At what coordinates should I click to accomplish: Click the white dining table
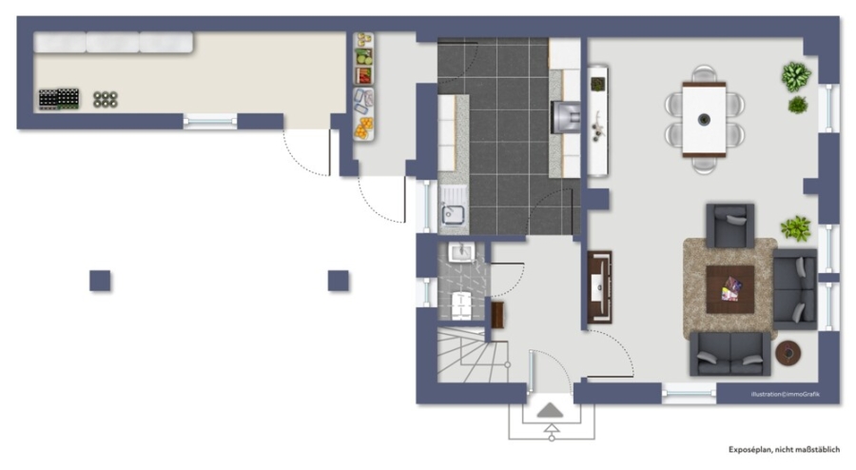click(704, 119)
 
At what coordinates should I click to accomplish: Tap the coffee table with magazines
click(730, 289)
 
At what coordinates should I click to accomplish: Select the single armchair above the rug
click(730, 225)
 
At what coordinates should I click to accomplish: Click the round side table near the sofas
click(788, 353)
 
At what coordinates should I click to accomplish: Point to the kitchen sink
click(453, 206)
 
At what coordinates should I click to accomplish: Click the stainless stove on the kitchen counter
click(565, 117)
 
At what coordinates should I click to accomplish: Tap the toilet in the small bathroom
click(461, 304)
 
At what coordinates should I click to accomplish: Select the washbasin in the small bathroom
click(461, 252)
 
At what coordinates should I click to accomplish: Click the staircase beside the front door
click(473, 354)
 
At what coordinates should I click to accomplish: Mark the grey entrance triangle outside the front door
click(550, 410)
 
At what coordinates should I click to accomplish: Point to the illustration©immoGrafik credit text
click(785, 394)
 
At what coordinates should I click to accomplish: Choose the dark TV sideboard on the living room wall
click(599, 287)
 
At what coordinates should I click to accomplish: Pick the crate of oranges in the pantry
click(363, 128)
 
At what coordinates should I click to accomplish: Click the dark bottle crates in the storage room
click(59, 99)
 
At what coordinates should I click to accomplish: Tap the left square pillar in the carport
click(100, 281)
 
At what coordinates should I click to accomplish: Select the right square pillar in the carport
click(339, 281)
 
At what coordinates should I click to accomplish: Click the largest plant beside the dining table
click(795, 76)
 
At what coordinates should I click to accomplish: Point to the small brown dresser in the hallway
click(497, 315)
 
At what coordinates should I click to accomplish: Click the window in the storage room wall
click(210, 121)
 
